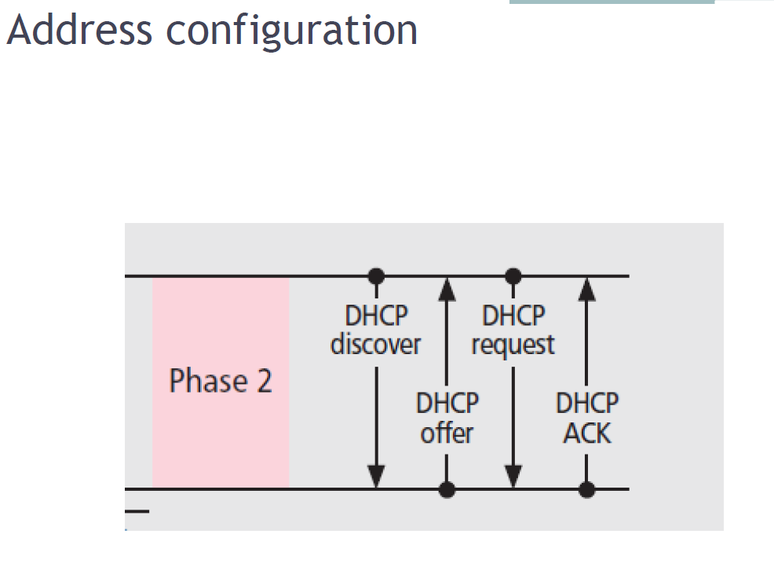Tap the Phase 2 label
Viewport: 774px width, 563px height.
click(221, 381)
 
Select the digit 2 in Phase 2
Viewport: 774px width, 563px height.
click(262, 381)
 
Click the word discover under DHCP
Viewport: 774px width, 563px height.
click(375, 345)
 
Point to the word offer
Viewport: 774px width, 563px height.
click(447, 433)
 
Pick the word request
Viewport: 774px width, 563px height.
click(513, 345)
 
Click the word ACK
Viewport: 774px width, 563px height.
click(586, 433)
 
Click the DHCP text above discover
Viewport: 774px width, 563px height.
click(376, 316)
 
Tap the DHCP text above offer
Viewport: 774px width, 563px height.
click(447, 404)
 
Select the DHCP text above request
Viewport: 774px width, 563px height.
click(513, 316)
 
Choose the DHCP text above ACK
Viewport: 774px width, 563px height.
click(586, 404)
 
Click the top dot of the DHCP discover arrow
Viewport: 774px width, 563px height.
click(377, 276)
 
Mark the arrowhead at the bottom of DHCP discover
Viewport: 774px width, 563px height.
click(377, 476)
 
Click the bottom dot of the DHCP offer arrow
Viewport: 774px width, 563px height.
click(447, 489)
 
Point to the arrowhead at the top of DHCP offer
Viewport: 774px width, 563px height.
click(447, 289)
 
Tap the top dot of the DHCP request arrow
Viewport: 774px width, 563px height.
click(513, 276)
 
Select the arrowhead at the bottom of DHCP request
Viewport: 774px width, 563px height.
click(513, 476)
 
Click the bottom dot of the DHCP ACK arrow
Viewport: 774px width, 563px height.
click(586, 489)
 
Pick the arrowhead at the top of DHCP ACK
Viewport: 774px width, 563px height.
click(586, 289)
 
